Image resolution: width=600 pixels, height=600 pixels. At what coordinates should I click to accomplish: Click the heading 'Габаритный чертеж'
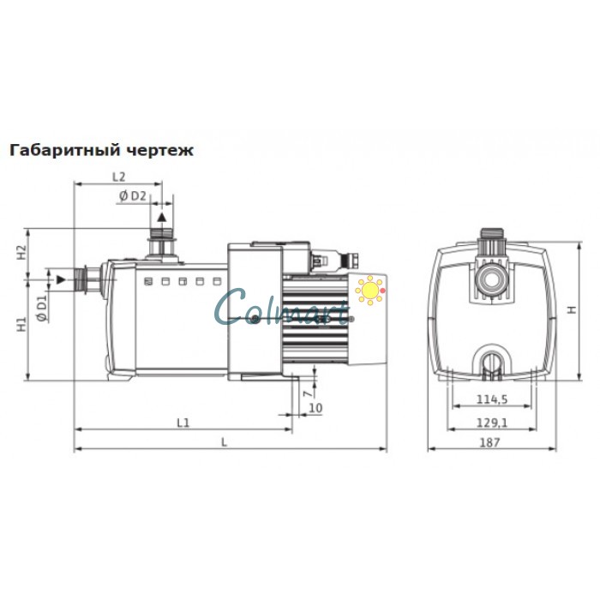click(x=101, y=150)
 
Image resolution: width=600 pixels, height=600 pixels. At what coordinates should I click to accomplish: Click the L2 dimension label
click(x=119, y=176)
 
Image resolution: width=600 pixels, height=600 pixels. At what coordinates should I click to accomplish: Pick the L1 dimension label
click(x=183, y=422)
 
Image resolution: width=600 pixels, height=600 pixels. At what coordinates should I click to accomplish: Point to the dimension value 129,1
click(x=491, y=422)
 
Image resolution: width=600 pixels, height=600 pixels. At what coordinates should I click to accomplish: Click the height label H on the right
click(x=572, y=309)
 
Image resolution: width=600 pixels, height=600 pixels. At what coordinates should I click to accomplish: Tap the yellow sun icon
click(x=370, y=291)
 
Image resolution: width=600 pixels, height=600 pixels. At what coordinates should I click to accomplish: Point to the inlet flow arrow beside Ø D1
click(x=60, y=279)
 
